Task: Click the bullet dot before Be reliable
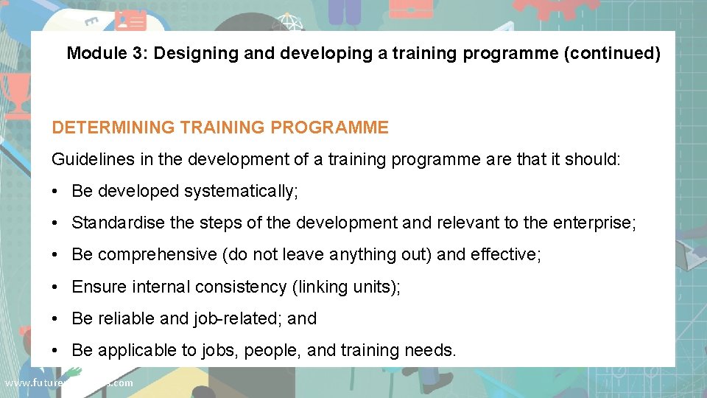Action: point(57,319)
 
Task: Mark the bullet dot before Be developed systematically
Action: point(57,192)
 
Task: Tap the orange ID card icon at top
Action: point(130,19)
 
